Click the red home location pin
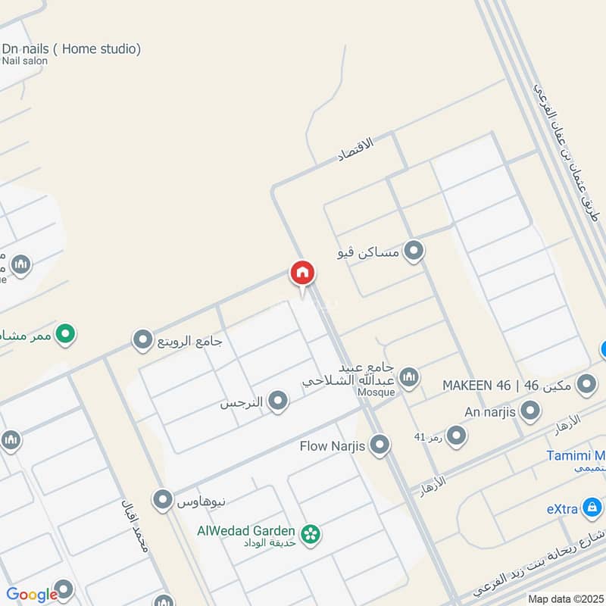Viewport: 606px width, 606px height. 301,273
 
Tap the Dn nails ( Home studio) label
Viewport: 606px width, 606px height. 71,49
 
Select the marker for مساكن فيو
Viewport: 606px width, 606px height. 414,251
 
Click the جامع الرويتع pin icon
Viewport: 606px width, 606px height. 142,341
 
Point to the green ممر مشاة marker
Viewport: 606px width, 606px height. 66,333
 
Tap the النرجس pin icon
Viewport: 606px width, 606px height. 278,401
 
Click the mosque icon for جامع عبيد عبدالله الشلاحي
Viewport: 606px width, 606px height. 409,376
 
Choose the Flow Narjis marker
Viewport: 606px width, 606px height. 380,445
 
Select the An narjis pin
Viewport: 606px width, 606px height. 531,411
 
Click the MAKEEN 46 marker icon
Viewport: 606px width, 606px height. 586,385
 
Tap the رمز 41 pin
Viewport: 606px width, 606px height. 456,436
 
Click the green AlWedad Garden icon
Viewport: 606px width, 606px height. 309,535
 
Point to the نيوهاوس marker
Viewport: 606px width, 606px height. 162,500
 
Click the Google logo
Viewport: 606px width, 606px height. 32,595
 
